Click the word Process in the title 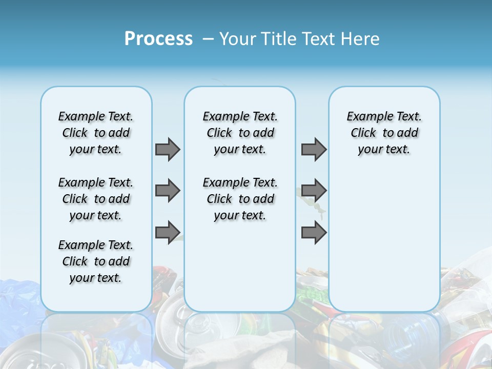click(x=158, y=38)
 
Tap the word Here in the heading click(x=361, y=39)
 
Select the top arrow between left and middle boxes click(x=168, y=149)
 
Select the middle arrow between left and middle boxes click(x=168, y=191)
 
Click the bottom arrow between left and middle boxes click(x=168, y=232)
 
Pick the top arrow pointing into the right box click(x=314, y=149)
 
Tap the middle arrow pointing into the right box click(x=314, y=191)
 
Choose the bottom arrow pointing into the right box click(x=314, y=232)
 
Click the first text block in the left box click(x=96, y=133)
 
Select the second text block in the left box click(x=96, y=199)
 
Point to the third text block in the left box click(x=96, y=261)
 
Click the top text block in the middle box click(x=240, y=133)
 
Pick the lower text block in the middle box click(x=240, y=199)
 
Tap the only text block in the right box click(x=384, y=133)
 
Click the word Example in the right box click(x=365, y=117)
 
